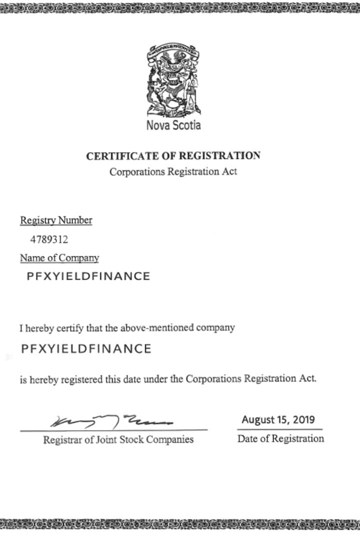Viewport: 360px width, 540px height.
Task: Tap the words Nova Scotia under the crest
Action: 173,125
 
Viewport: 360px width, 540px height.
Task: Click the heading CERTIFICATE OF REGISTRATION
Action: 173,155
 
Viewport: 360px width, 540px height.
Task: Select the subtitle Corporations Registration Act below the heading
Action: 173,171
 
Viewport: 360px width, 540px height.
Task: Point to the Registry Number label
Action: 56,220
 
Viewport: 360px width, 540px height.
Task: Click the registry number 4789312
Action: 49,239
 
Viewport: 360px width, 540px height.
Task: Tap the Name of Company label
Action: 59,258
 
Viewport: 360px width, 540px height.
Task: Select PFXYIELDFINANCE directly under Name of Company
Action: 88,276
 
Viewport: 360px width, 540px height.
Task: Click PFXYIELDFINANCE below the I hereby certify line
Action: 86,348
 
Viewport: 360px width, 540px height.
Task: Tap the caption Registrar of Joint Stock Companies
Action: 118,440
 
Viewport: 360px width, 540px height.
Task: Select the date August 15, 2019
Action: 278,419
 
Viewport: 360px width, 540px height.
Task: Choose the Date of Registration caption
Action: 280,438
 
